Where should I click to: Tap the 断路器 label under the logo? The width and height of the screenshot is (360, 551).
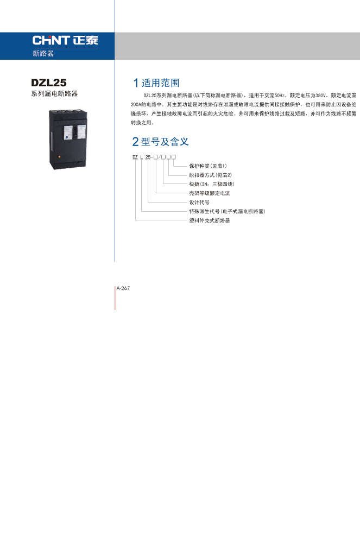(43, 53)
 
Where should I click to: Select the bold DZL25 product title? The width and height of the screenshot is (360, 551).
(49, 83)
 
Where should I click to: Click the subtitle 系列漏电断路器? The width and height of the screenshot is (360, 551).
(54, 94)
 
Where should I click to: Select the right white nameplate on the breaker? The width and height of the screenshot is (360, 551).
(81, 132)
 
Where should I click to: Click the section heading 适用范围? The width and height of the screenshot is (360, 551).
(160, 83)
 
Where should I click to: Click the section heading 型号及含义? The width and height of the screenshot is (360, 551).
(165, 142)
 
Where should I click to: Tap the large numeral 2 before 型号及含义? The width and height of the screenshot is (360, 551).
(135, 142)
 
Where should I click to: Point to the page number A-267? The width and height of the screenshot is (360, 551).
(123, 288)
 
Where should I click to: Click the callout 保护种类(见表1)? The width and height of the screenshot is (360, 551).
(208, 166)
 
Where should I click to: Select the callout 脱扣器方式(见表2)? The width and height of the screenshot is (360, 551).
(211, 175)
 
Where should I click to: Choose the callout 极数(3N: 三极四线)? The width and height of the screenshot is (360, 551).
(212, 184)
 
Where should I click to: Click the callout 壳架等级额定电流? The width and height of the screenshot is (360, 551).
(210, 193)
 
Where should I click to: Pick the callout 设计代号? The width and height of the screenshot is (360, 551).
(199, 202)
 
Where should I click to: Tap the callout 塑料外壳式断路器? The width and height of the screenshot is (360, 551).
(210, 221)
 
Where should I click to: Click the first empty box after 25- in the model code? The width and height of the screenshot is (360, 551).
(156, 157)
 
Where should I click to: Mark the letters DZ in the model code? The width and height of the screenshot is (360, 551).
(135, 157)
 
